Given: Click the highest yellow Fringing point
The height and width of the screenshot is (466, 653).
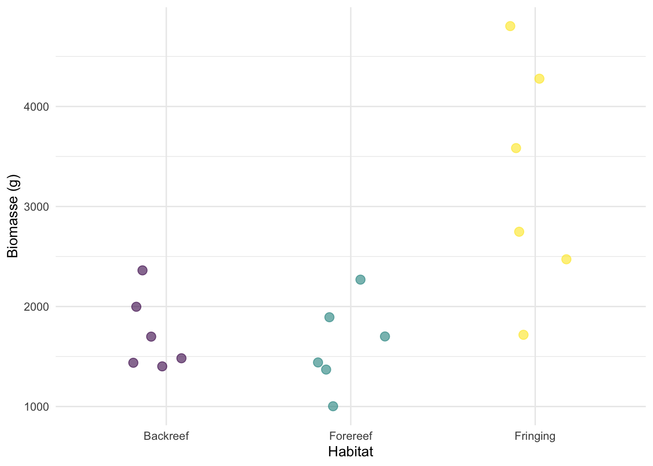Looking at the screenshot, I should tap(510, 26).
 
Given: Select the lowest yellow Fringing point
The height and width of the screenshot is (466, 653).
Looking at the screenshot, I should tap(523, 335).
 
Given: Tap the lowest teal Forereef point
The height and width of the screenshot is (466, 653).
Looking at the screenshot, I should tap(333, 406).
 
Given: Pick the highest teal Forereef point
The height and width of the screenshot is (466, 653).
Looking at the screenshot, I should tap(361, 280).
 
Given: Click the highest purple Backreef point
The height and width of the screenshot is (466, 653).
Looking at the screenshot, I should tap(142, 270).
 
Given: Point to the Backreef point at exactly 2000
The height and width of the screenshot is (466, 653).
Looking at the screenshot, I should tap(137, 307).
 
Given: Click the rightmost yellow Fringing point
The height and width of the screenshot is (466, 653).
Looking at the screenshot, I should tap(566, 259).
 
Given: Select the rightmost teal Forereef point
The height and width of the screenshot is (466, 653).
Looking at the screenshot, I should tap(385, 336).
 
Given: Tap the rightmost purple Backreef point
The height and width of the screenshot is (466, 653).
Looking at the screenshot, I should tap(181, 358).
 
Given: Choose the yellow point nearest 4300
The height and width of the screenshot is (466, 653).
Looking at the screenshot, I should tap(539, 79).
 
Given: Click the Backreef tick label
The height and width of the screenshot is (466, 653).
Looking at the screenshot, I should tap(166, 436).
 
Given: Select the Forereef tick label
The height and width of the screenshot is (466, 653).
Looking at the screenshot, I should tap(351, 436).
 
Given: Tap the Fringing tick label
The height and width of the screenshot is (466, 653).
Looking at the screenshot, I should tap(535, 436).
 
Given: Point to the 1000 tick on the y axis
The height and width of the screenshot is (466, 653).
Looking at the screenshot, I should tap(36, 407).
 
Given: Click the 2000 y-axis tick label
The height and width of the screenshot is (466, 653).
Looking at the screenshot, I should tap(36, 307).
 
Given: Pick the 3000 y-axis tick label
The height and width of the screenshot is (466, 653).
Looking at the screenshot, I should tap(36, 207).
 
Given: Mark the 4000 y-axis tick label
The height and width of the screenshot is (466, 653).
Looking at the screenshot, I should tap(36, 107).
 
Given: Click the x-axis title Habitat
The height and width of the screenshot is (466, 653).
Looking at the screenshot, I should tap(351, 452).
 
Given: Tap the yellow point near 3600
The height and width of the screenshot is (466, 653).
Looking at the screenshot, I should tap(516, 148).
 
